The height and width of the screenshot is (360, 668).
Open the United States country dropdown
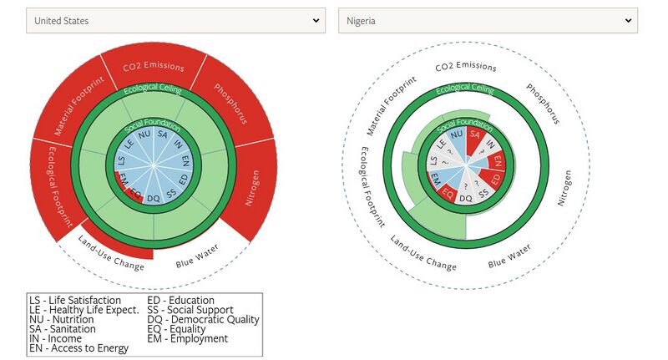pos(175,20)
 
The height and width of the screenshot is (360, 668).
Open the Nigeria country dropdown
pos(488,20)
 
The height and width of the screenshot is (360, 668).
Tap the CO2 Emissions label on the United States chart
pos(153,65)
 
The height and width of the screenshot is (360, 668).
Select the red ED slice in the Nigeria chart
pos(495,179)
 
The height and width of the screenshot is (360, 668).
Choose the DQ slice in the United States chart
pos(153,199)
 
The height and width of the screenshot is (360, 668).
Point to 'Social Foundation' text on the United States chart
pos(153,124)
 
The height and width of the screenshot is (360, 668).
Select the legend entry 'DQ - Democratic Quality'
pos(203,319)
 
